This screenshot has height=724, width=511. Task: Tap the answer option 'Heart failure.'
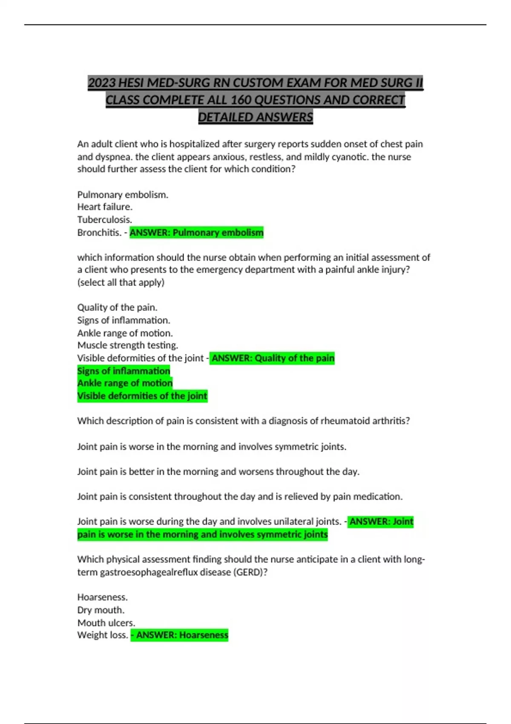105,207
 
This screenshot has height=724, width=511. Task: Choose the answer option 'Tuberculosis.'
105,220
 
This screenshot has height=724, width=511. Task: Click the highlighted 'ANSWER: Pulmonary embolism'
197,233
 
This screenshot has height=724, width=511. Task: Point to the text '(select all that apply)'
121,282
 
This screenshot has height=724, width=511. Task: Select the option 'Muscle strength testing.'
128,345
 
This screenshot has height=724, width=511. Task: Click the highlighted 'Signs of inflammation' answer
123,371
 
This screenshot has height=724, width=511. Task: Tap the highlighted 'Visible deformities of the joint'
142,396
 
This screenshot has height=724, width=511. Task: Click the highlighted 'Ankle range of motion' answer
125,383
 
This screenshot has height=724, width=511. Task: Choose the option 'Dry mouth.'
101,610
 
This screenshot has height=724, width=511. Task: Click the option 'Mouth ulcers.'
106,623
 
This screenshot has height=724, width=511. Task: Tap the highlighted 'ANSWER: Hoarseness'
180,635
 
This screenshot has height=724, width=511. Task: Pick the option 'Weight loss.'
103,635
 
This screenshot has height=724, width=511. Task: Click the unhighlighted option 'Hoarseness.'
102,597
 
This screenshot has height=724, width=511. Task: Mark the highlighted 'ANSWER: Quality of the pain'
273,358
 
